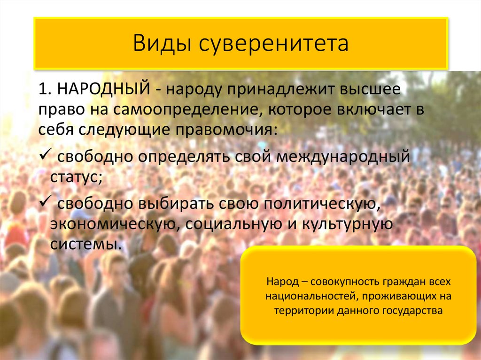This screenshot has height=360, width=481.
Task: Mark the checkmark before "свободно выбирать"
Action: (45, 202)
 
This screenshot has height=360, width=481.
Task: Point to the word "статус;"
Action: (75, 177)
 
